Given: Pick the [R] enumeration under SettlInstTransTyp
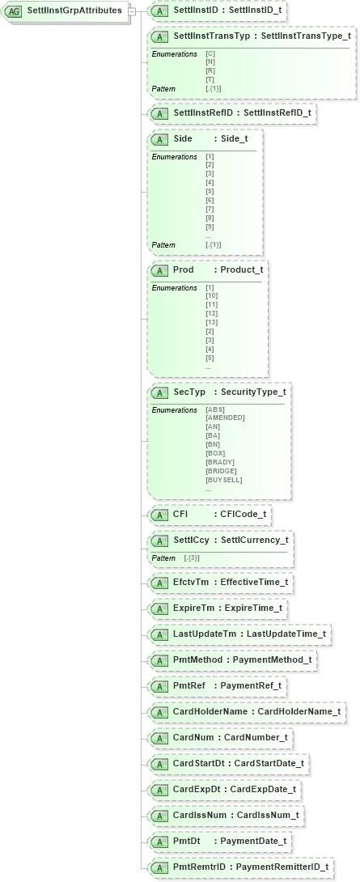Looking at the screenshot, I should click(210, 70).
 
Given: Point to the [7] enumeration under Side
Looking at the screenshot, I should click(210, 208).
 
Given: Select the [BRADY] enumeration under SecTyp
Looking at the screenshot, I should click(220, 462).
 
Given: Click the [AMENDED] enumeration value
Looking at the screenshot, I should click(226, 418).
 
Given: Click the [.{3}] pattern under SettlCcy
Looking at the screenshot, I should click(192, 558).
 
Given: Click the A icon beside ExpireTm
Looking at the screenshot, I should click(160, 608).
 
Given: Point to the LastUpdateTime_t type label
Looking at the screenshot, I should click(286, 634).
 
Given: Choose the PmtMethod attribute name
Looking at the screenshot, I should click(197, 659).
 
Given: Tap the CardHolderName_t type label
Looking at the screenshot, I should click(300, 711).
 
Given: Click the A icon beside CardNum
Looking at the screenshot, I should click(160, 737).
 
